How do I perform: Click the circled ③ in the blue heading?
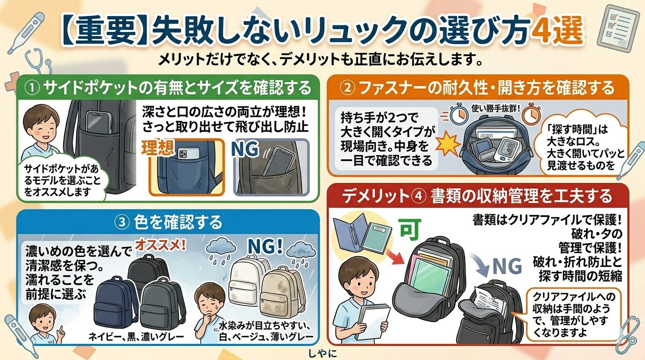pos(123,222)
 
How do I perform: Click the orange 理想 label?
pos(158,149)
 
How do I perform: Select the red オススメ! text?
pos(161,245)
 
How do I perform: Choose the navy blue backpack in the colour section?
pos(114,300)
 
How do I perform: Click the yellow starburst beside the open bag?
pos(446,140)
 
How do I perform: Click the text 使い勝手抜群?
pos(497,108)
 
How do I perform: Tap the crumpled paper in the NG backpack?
pos(489,298)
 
